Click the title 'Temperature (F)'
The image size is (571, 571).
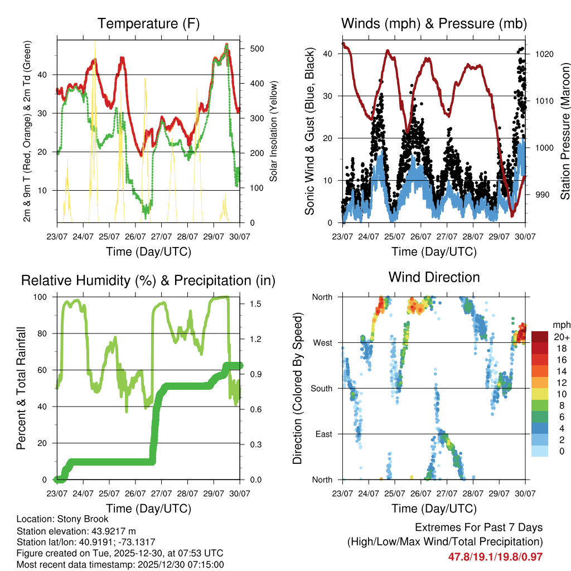(148, 23)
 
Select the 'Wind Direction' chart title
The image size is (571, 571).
(434, 277)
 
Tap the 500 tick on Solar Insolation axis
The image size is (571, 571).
(257, 49)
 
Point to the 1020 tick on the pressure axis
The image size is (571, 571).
(543, 54)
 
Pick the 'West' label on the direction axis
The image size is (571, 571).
(322, 342)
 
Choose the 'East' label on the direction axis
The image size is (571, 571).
(323, 434)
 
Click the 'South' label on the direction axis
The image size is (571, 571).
(321, 388)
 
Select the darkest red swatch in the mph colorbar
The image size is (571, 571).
(539, 337)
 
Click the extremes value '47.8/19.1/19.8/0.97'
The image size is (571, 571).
(495, 557)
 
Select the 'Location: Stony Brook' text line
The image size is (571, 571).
(62, 519)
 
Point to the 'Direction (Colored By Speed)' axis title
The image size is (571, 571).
(297, 388)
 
